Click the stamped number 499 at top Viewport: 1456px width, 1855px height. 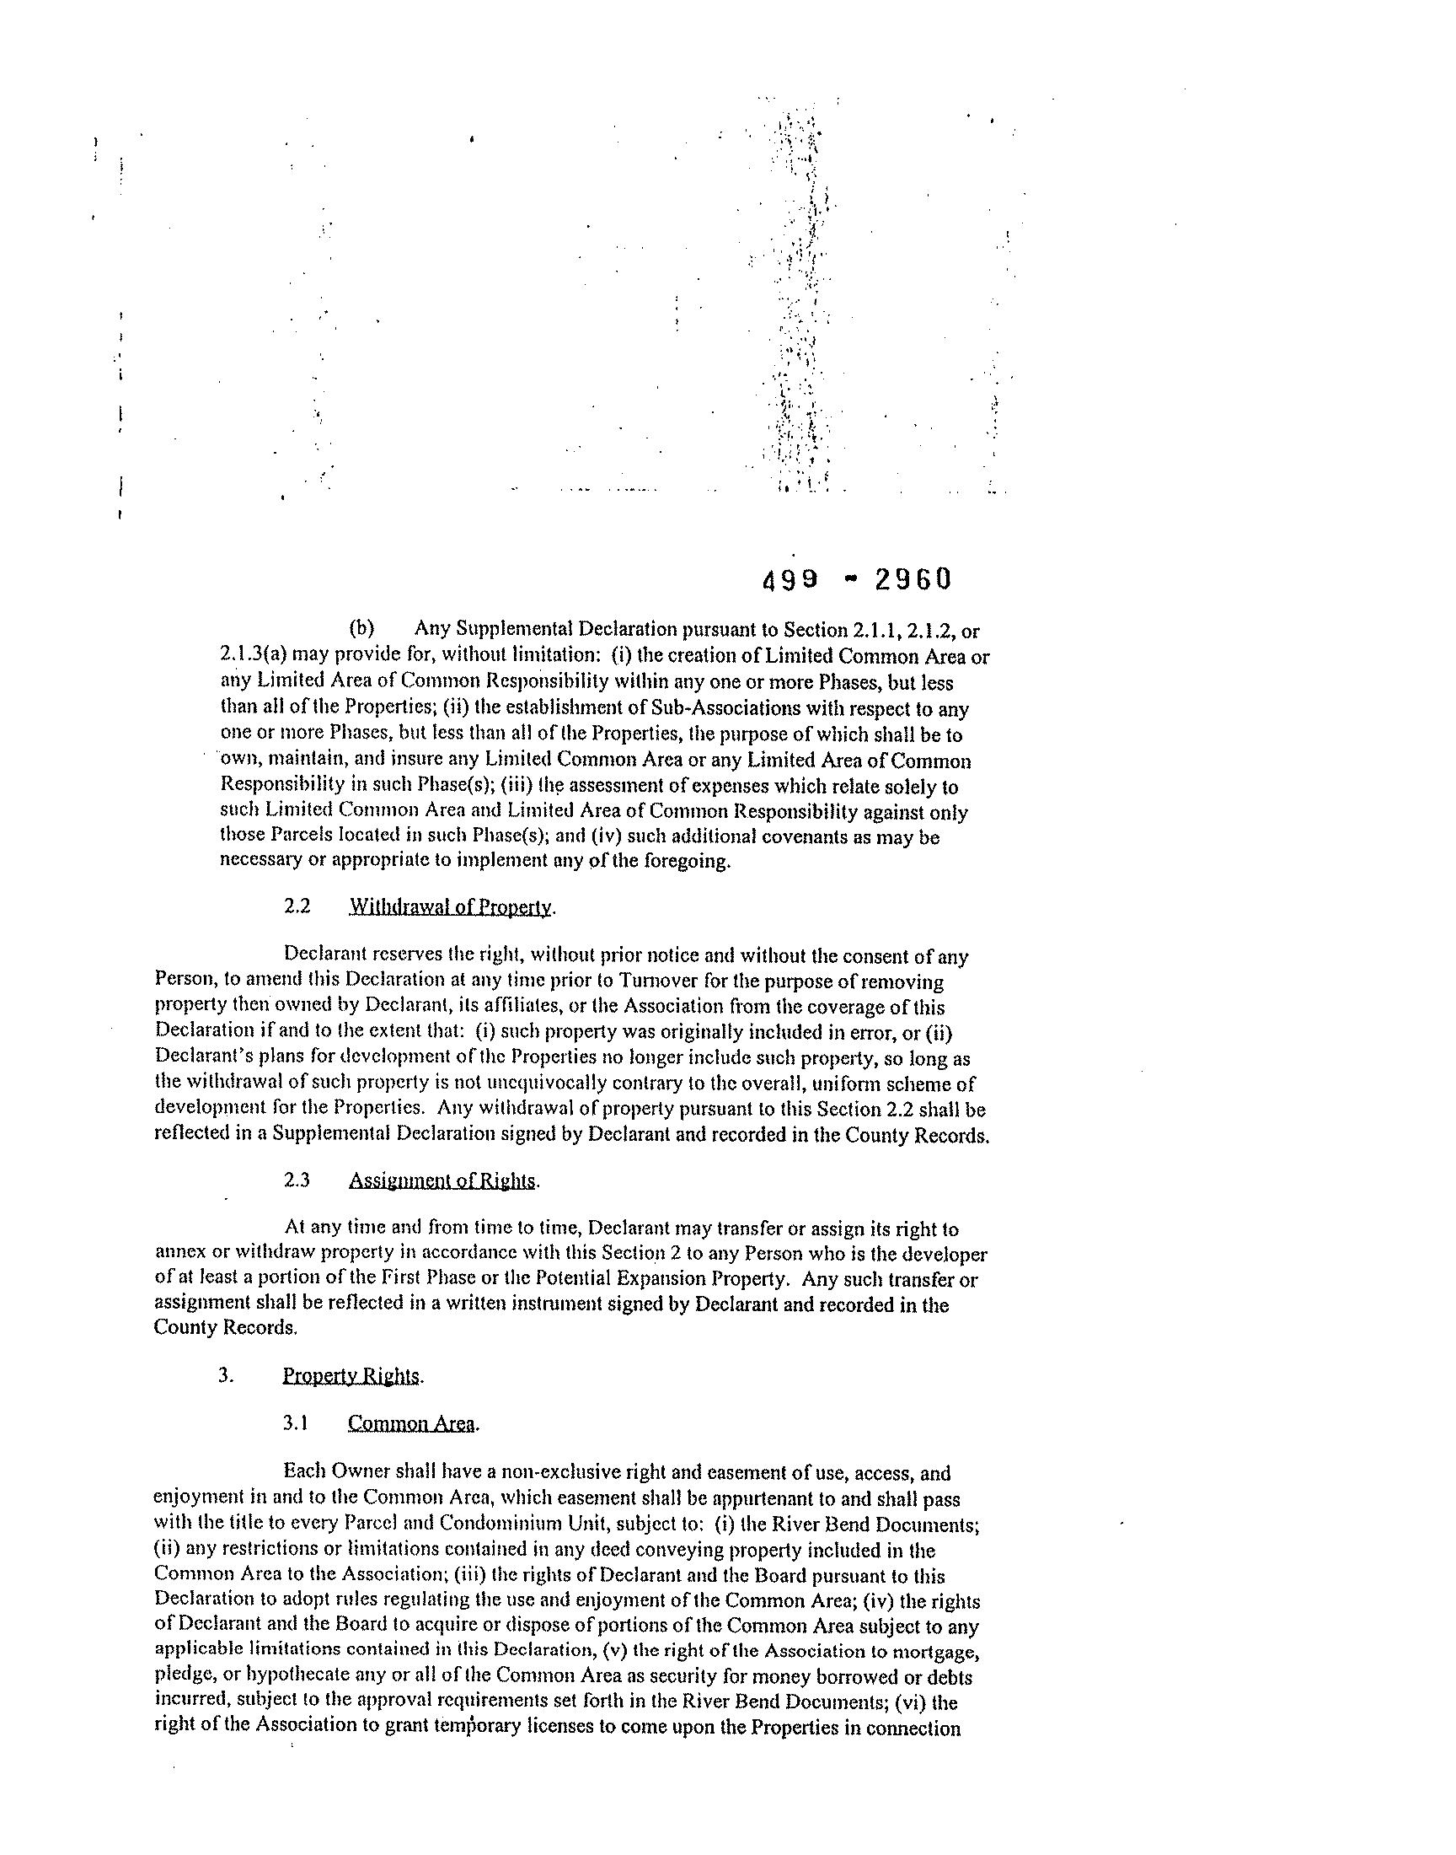coord(790,580)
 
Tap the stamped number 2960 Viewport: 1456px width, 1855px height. coord(911,580)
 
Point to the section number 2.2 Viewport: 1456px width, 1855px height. coord(297,906)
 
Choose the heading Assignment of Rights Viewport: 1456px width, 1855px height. coord(442,1181)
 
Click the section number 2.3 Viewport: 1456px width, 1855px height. coord(297,1181)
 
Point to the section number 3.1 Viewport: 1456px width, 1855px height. coord(296,1423)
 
